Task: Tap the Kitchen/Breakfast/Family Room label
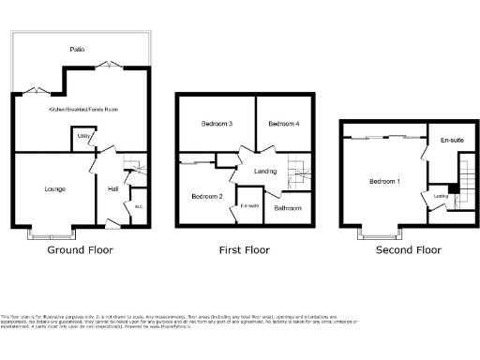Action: click(x=82, y=110)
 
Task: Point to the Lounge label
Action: click(x=54, y=188)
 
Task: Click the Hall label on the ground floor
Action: click(x=112, y=188)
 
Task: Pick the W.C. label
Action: click(x=138, y=206)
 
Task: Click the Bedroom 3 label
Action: click(x=217, y=124)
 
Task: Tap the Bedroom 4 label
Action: click(x=282, y=124)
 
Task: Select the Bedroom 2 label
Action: click(x=206, y=196)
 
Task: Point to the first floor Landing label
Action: click(x=265, y=170)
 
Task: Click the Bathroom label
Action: click(x=287, y=207)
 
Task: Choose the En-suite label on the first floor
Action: click(x=249, y=205)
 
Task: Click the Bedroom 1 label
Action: click(x=383, y=181)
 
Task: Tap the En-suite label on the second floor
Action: click(x=451, y=141)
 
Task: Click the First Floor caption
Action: click(x=245, y=250)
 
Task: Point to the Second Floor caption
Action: click(x=408, y=250)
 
